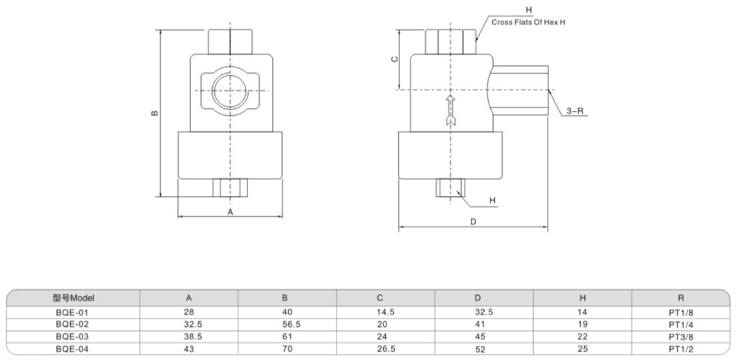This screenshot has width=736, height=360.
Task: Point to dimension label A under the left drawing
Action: [x=230, y=212]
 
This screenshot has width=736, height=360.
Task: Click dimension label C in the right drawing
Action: [x=395, y=59]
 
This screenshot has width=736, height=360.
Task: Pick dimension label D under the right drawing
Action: [x=473, y=222]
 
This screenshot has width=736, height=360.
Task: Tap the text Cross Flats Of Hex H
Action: [x=529, y=22]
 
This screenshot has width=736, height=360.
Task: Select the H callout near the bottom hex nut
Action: [x=492, y=200]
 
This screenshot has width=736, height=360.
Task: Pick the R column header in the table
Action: [x=681, y=298]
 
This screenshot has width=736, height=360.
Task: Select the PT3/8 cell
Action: [x=681, y=336]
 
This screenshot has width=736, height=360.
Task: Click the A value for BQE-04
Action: [x=189, y=349]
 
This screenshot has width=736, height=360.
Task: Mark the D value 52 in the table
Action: [x=478, y=349]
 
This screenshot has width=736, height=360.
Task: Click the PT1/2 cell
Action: [x=681, y=349]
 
